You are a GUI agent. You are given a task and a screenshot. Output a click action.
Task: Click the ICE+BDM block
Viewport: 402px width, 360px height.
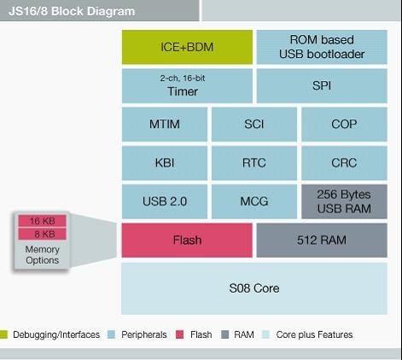click(x=187, y=47)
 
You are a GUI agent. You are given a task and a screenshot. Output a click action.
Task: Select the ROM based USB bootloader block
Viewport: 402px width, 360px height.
click(x=322, y=47)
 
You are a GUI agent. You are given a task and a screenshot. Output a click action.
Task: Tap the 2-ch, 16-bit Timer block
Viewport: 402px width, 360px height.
click(x=187, y=85)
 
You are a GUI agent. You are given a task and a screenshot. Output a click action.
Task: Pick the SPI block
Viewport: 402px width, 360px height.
click(x=322, y=85)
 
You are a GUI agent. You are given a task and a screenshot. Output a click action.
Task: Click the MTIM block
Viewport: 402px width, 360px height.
click(x=165, y=125)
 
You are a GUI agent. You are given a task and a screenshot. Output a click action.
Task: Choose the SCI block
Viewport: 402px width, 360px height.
click(x=254, y=125)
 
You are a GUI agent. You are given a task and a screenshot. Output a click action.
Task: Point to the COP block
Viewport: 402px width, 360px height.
click(x=344, y=125)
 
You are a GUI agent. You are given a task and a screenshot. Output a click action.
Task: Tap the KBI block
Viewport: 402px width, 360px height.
click(x=165, y=163)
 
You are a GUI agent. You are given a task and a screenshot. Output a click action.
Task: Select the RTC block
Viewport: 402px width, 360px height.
click(x=254, y=163)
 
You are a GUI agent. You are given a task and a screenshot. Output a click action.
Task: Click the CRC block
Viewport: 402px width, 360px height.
click(x=344, y=163)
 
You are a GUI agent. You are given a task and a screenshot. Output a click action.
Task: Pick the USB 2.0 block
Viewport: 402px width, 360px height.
click(x=165, y=201)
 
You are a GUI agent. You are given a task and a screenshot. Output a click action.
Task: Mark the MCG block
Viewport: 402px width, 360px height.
click(x=254, y=201)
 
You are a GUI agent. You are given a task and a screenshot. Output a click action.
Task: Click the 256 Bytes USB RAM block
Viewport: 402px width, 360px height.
click(x=344, y=201)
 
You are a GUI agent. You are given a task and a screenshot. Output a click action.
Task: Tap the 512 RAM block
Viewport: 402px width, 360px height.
click(x=322, y=241)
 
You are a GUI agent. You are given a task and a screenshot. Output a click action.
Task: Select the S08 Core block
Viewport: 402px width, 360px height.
click(x=254, y=288)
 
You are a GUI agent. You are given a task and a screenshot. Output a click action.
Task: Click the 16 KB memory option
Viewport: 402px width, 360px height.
click(x=43, y=221)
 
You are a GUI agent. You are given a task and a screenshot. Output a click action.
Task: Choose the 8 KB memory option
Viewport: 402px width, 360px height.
click(x=43, y=234)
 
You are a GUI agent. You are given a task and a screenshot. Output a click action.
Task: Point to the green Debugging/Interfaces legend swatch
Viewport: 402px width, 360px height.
click(x=3, y=334)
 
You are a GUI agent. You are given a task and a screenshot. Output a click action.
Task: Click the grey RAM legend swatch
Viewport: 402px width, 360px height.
click(x=225, y=334)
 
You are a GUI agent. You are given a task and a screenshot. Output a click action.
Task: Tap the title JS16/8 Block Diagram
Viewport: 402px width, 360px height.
click(x=72, y=11)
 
